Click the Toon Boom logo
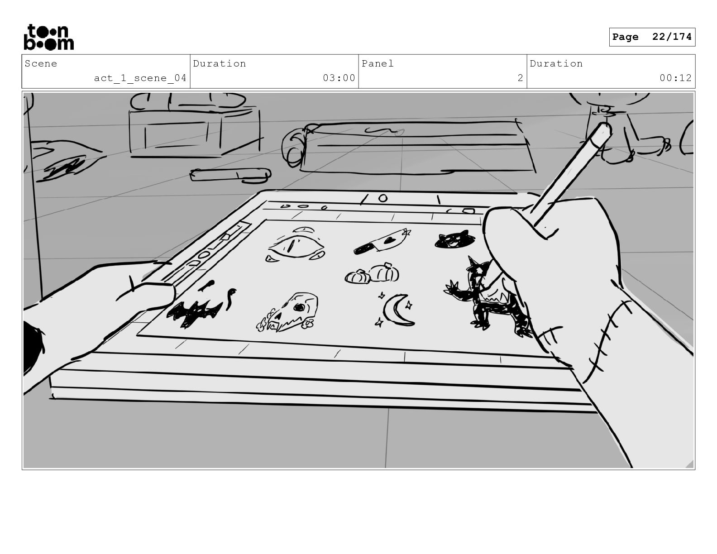point(49,37)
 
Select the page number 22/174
point(672,37)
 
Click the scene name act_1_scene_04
point(140,78)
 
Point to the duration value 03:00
point(339,78)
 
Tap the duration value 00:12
point(675,78)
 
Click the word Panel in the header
point(378,63)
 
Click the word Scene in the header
point(41,63)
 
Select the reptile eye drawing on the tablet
point(295,245)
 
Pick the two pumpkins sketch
point(372,273)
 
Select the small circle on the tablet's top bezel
point(383,198)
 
